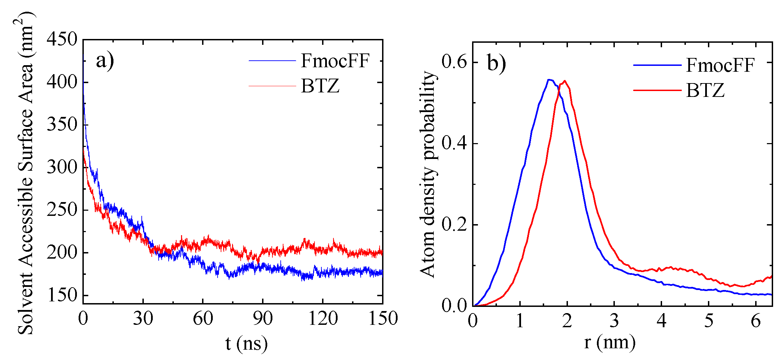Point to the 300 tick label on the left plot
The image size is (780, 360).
tap(62, 167)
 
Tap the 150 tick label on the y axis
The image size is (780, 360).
tap(62, 295)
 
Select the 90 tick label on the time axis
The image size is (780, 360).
tap(263, 318)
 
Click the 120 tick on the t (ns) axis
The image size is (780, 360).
tap(323, 318)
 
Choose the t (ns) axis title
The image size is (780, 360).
tap(246, 343)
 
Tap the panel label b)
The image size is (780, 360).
tap(497, 63)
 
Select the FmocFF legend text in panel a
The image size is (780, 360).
tap(335, 61)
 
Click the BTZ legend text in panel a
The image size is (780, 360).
tap(320, 86)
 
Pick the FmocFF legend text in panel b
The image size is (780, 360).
tap(720, 65)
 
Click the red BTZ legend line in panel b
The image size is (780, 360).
tap(657, 90)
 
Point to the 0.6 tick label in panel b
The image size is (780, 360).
tap(454, 62)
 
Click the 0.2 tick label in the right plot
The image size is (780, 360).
tap(454, 225)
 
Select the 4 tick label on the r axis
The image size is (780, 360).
tap(661, 321)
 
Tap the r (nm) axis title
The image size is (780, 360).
tap(610, 342)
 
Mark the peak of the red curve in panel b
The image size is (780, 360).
tap(564, 81)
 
